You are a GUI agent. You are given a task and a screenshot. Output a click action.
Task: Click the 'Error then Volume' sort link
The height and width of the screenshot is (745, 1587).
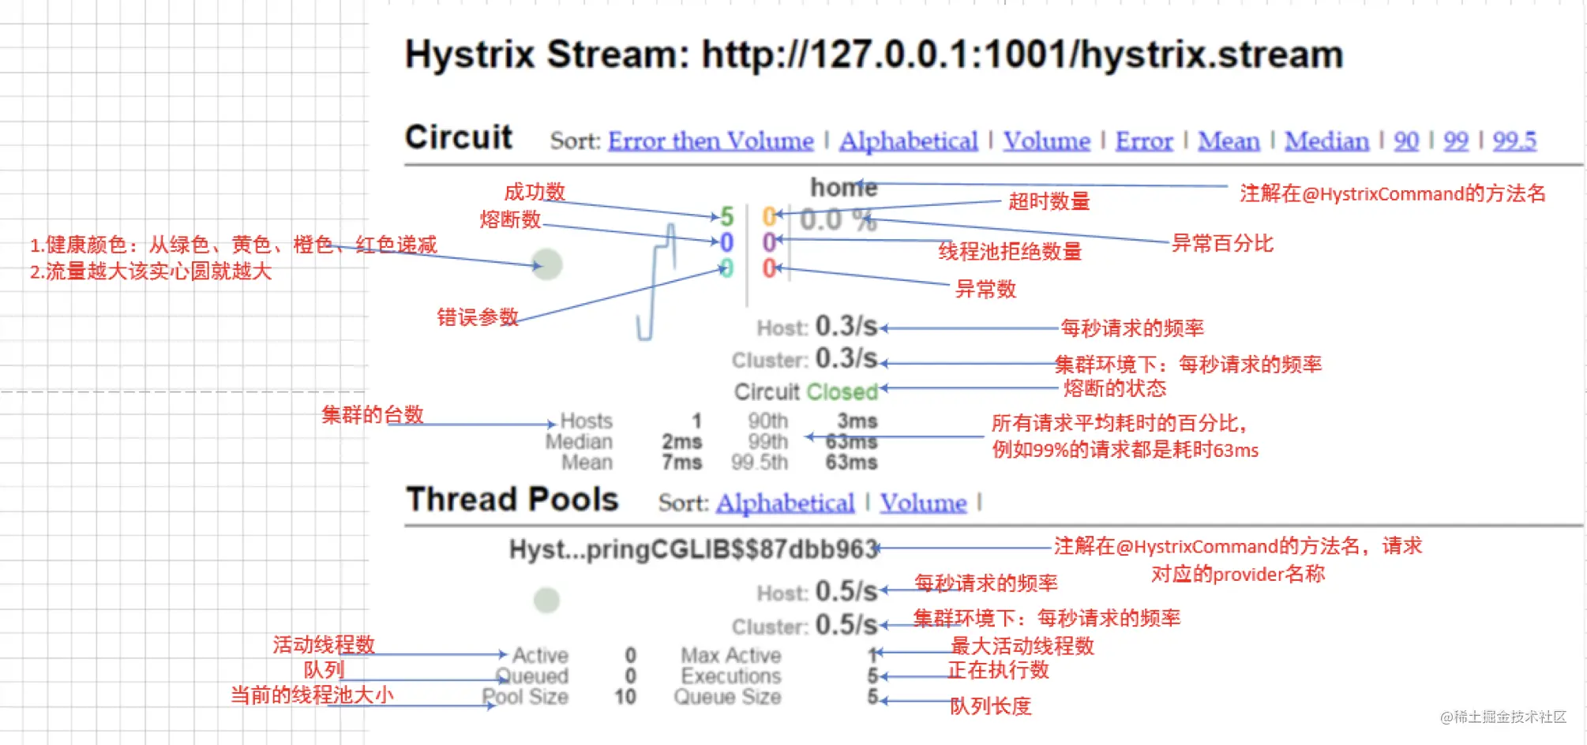pyautogui.click(x=711, y=140)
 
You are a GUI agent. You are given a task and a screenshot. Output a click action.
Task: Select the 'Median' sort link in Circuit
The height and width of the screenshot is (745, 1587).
pyautogui.click(x=1326, y=140)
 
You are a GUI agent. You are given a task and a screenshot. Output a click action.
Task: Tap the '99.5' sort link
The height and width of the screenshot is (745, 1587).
pyautogui.click(x=1514, y=140)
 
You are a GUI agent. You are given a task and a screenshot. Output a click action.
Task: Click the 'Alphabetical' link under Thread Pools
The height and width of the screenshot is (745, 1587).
pyautogui.click(x=785, y=503)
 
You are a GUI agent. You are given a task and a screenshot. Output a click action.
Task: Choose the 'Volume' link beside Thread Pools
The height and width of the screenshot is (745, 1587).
pyautogui.click(x=923, y=503)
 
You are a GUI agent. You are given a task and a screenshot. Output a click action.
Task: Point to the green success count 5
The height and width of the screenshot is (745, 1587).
pyautogui.click(x=726, y=216)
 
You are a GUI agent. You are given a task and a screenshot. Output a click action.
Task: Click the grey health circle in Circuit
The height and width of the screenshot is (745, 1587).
pyautogui.click(x=547, y=264)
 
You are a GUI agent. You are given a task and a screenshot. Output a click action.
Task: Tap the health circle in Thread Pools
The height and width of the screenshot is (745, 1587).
pyautogui.click(x=546, y=600)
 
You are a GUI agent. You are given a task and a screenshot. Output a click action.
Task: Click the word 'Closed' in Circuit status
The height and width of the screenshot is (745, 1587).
pyautogui.click(x=842, y=391)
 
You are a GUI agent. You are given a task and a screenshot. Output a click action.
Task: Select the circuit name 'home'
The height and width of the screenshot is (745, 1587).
pyautogui.click(x=844, y=188)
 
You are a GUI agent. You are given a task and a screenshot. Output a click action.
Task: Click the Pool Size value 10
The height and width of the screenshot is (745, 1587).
pyautogui.click(x=625, y=697)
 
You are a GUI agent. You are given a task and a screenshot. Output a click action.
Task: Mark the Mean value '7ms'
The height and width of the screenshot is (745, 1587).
pyautogui.click(x=682, y=462)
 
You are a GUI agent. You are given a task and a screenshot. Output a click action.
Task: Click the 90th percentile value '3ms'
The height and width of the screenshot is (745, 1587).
pyautogui.click(x=857, y=421)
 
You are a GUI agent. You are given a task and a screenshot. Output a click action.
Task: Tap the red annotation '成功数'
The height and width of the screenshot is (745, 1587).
pyautogui.click(x=535, y=192)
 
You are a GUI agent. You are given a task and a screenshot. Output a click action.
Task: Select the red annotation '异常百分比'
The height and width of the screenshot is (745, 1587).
pyautogui.click(x=1222, y=243)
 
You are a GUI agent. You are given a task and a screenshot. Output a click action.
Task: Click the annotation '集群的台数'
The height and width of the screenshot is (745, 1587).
pyautogui.click(x=372, y=414)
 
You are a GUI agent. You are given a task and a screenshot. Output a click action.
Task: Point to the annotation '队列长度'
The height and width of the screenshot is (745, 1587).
pyautogui.click(x=990, y=706)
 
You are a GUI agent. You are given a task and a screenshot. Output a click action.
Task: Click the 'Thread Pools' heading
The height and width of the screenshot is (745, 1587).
pyautogui.click(x=512, y=500)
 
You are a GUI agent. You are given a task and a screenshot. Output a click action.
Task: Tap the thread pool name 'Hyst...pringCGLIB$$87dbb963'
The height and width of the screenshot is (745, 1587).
pyautogui.click(x=694, y=549)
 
